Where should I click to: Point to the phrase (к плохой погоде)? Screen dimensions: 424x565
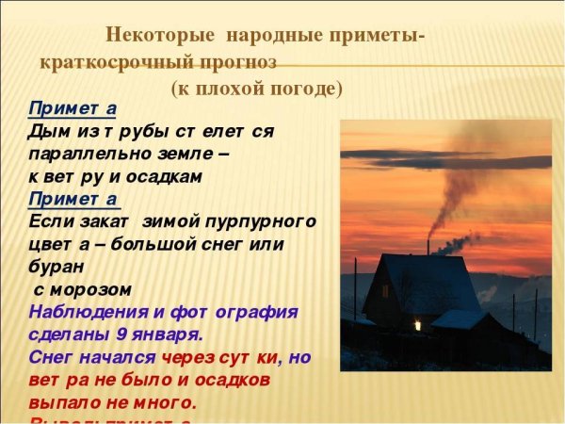(256, 89)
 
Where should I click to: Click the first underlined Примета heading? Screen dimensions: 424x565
(72, 108)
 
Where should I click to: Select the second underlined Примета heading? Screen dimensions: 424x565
(73, 199)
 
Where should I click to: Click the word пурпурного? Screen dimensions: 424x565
(259, 222)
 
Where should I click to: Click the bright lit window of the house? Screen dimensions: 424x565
(416, 324)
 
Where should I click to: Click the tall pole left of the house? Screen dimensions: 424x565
(355, 287)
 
